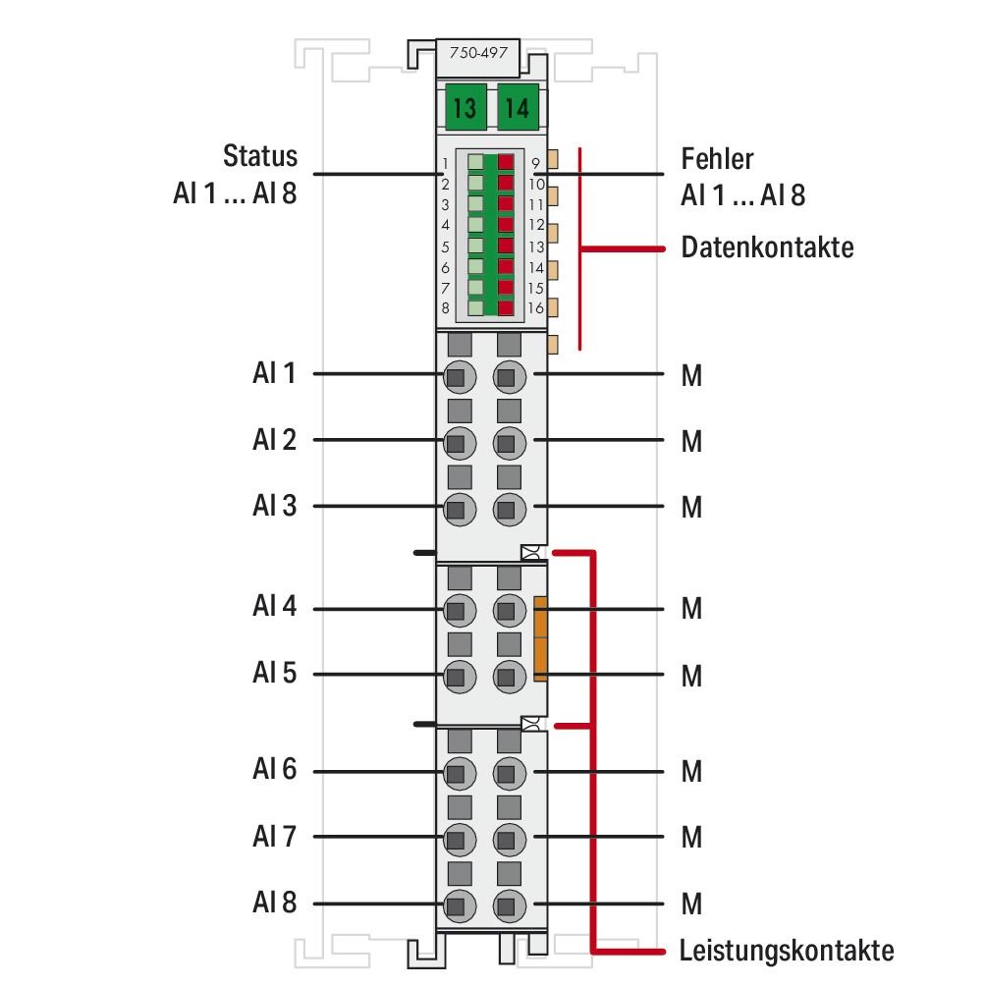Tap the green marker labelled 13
coord(465,108)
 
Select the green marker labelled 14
coord(516,108)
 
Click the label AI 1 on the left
coord(274,374)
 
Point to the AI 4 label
coord(274,607)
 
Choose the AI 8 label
coord(274,903)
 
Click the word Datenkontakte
coord(767,247)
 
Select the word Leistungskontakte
coord(787,951)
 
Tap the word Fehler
coord(717,158)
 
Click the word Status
coord(259,157)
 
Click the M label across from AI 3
coord(691,508)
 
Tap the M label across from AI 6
coord(691,772)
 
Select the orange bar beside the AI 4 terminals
coord(540,638)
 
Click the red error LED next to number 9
coord(507,163)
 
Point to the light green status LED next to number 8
coord(475,308)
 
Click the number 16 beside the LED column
coord(536,308)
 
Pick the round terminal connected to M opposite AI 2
coord(507,442)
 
